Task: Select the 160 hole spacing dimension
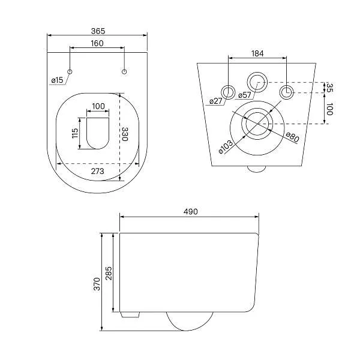[97, 43]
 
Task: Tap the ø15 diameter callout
[57, 80]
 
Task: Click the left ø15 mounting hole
[70, 73]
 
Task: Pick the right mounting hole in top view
[124, 73]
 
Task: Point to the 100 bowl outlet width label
[98, 107]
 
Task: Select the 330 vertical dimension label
[125, 135]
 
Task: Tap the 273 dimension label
[98, 171]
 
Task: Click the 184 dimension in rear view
[257, 54]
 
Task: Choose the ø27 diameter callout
[216, 101]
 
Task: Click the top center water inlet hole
[258, 80]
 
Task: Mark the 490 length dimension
[190, 211]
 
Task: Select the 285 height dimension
[109, 273]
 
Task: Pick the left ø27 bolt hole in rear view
[230, 92]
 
